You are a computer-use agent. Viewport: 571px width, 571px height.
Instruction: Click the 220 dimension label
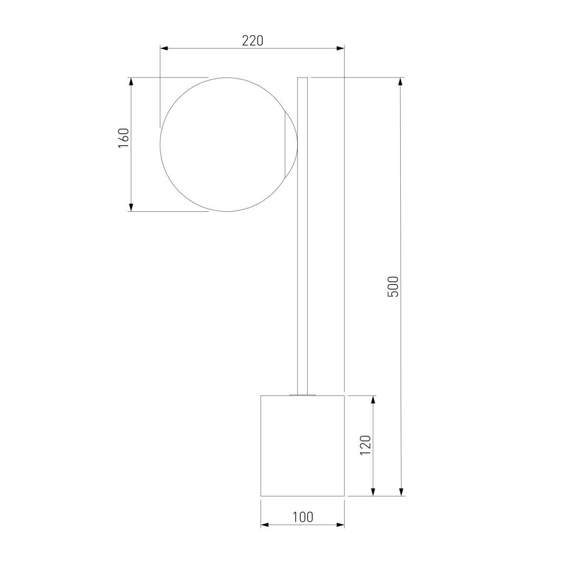(x=252, y=41)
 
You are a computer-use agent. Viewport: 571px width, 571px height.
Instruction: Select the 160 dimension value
(x=124, y=138)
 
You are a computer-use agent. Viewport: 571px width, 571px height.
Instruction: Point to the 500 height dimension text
(x=393, y=286)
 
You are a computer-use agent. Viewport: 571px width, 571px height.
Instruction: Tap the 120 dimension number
(x=365, y=445)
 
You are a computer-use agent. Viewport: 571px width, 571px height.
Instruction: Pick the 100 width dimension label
(x=303, y=517)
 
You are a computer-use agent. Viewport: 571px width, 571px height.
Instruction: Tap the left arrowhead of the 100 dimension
(x=265, y=525)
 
